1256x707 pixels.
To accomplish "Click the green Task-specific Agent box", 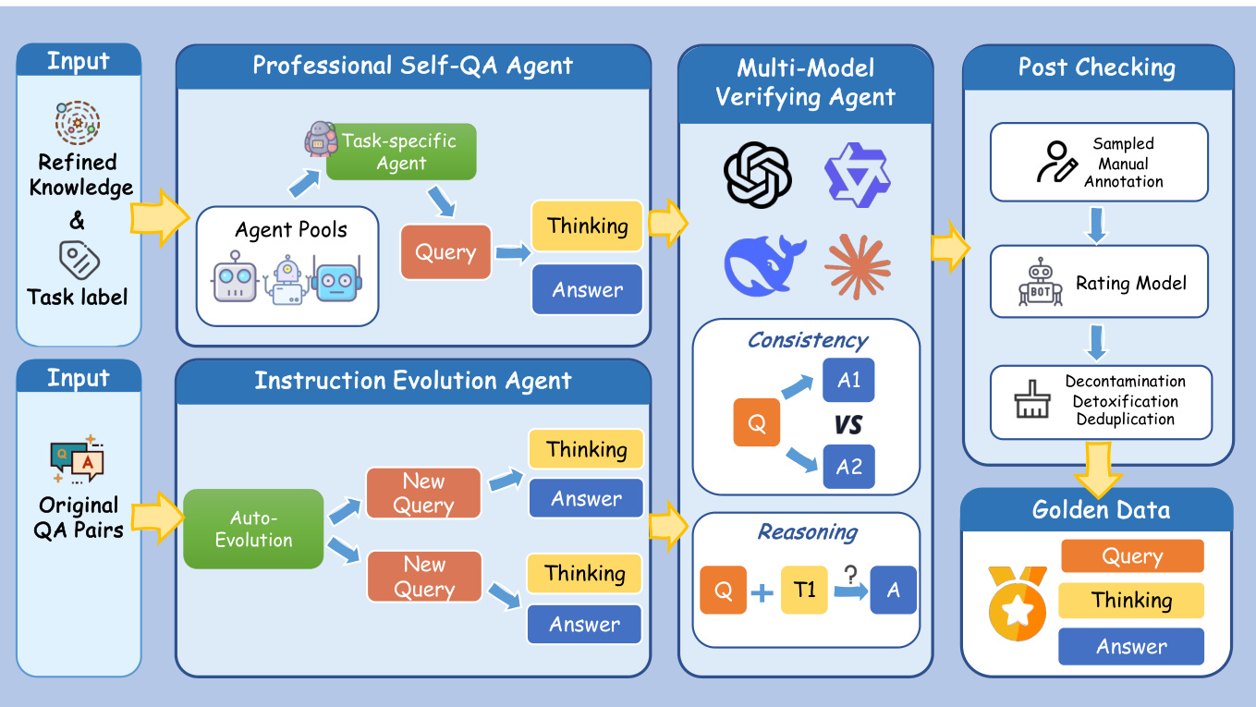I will [400, 152].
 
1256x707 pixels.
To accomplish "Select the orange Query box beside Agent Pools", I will [445, 252].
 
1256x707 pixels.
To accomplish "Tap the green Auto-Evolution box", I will [253, 529].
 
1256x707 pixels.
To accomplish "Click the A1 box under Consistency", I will [848, 380].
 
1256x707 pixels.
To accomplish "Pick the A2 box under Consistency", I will [848, 467].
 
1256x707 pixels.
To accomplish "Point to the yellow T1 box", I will [804, 590].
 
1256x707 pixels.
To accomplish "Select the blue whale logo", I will [765, 264].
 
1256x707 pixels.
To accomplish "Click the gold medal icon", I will [1017, 605].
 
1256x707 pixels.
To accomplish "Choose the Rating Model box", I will [1099, 284].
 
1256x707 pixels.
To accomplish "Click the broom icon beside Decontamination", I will [1031, 401].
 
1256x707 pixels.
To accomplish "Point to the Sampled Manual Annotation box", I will [1099, 163].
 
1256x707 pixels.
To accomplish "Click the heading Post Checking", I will [1097, 67].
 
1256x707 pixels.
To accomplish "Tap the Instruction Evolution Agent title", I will [413, 381].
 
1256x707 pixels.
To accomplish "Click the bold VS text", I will [847, 424].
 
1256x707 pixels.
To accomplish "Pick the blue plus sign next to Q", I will [762, 591].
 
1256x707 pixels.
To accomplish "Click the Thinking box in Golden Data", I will [1131, 601].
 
